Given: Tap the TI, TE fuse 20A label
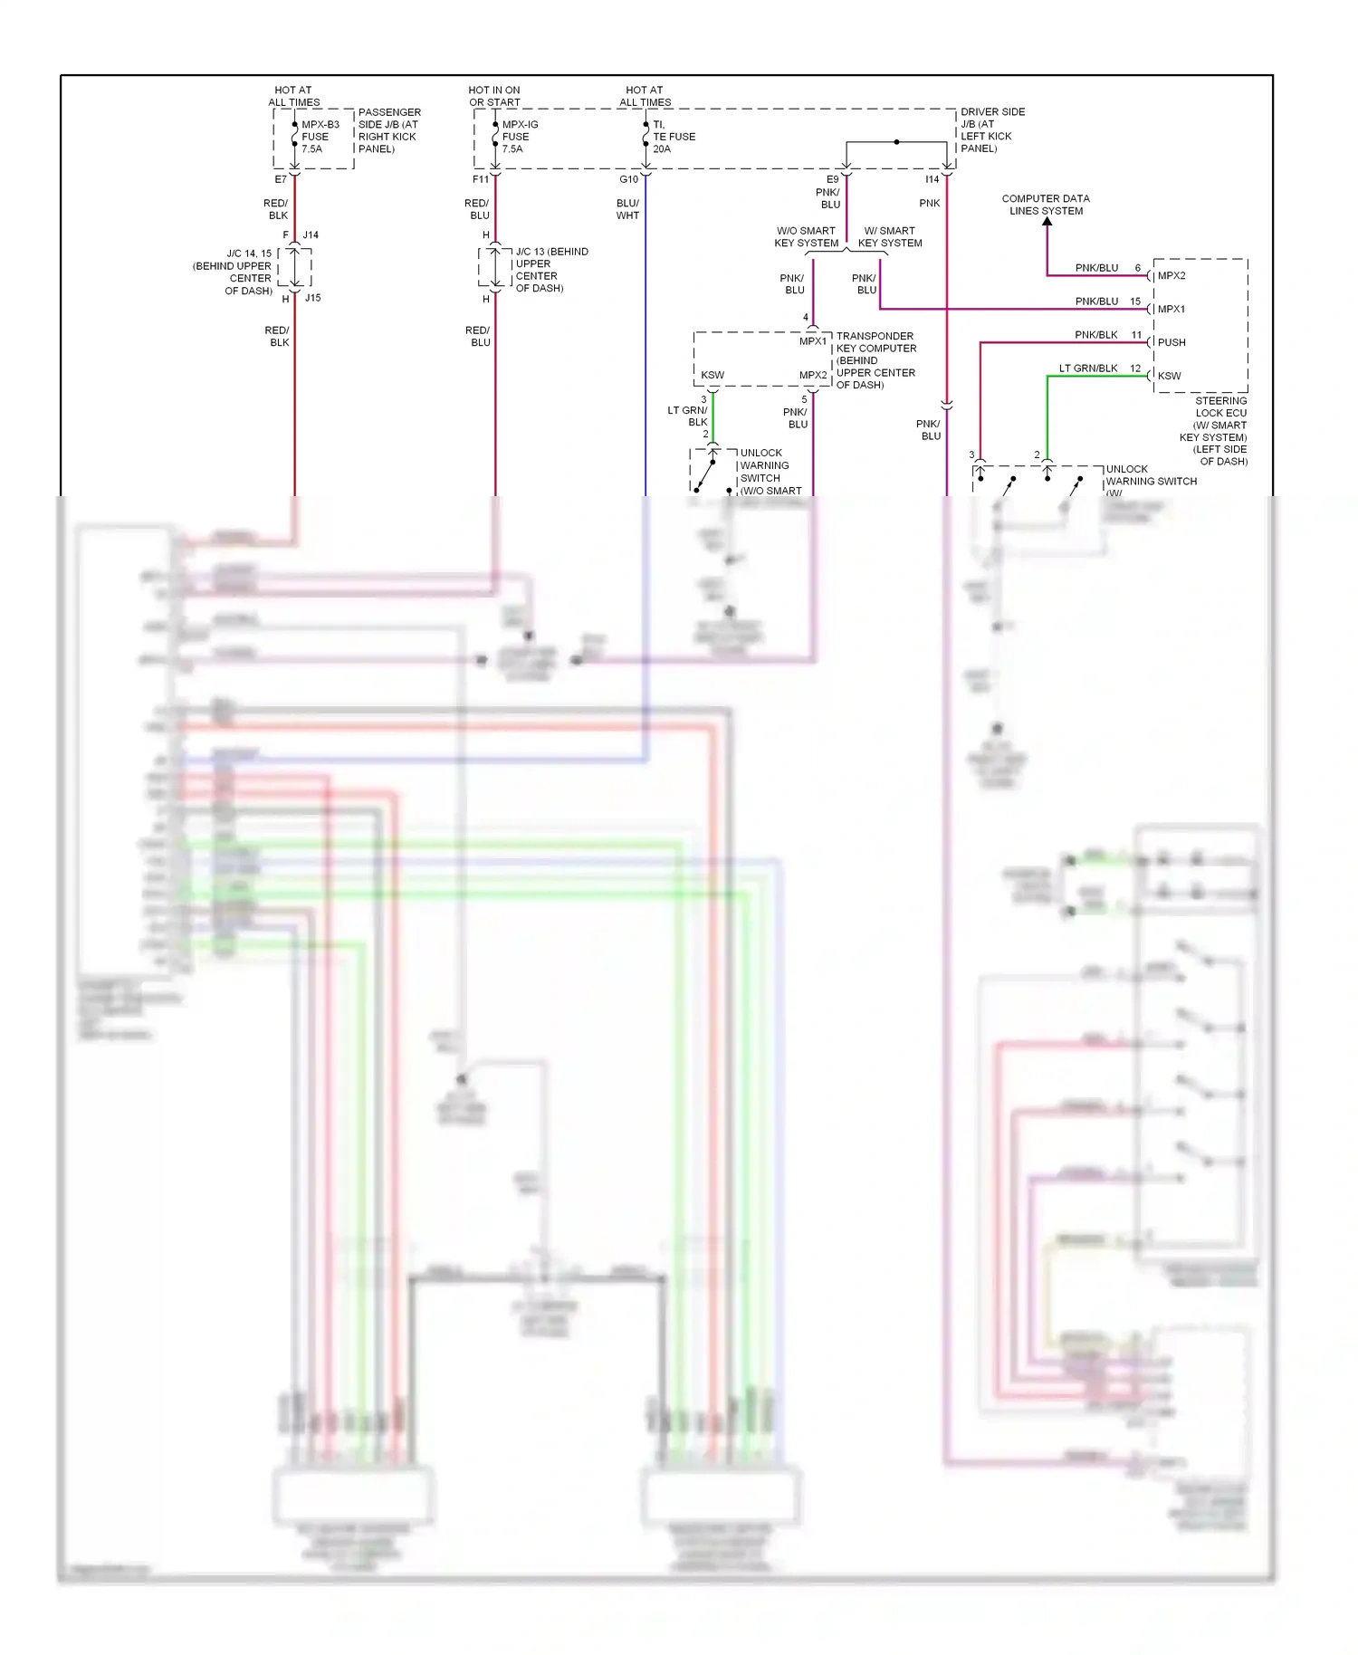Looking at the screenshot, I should click(674, 137).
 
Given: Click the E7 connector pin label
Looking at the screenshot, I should click(281, 179).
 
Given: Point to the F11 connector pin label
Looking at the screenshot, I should click(481, 179).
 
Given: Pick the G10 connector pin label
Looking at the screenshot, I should click(628, 179).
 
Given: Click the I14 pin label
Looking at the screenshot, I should click(932, 179).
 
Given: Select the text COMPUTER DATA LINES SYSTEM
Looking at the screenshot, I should click(1046, 205).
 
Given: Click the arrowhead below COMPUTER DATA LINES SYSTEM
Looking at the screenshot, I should click(1047, 221).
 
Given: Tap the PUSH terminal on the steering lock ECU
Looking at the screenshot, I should click(1171, 342).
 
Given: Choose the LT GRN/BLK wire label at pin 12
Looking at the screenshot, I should click(1088, 368).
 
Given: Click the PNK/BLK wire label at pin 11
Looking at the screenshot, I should click(1095, 335).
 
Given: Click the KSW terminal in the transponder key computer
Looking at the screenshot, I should click(712, 375).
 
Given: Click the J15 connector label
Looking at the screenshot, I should click(312, 298).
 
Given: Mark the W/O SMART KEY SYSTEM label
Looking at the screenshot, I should click(806, 237).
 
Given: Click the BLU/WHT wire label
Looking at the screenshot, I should click(627, 209).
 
